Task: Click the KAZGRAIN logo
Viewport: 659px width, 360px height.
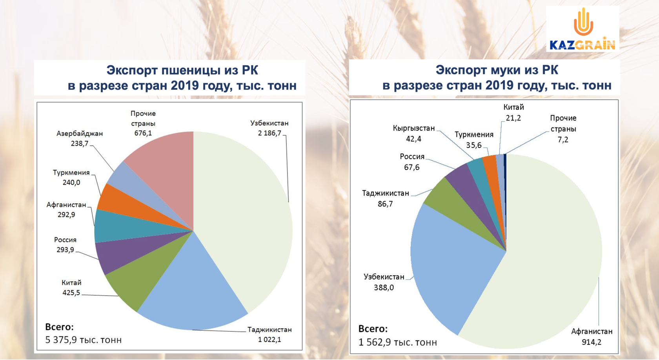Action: click(583, 29)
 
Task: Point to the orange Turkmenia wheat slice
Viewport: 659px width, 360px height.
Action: click(133, 206)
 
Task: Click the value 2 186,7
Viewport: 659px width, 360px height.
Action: click(269, 133)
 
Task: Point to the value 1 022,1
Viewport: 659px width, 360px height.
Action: click(269, 340)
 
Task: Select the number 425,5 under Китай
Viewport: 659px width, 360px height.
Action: click(71, 293)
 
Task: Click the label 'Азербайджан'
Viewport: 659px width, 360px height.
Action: click(80, 133)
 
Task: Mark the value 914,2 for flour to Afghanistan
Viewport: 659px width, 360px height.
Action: click(592, 342)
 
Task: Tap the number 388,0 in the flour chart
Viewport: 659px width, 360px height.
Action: click(384, 287)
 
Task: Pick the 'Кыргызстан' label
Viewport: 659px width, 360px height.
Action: click(413, 128)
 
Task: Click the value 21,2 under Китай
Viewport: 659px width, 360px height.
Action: click(513, 118)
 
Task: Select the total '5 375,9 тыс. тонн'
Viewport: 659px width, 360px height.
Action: click(83, 340)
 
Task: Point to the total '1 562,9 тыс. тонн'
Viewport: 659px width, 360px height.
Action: click(398, 342)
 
